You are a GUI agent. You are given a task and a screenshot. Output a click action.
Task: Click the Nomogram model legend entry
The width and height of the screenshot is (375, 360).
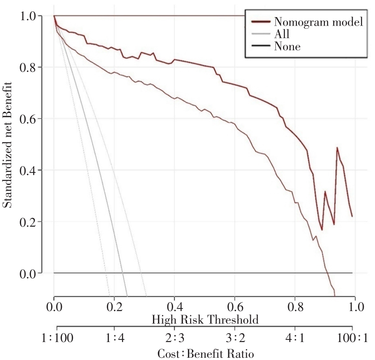318,22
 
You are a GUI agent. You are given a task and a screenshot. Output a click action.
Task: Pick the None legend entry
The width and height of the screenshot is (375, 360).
287,46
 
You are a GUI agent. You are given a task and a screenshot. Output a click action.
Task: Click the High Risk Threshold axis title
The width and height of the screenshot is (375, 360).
205,320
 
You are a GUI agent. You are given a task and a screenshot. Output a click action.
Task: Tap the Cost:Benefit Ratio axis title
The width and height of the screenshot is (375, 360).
205,353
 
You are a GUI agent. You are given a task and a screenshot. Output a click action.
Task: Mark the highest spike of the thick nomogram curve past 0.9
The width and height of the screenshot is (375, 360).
337,148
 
